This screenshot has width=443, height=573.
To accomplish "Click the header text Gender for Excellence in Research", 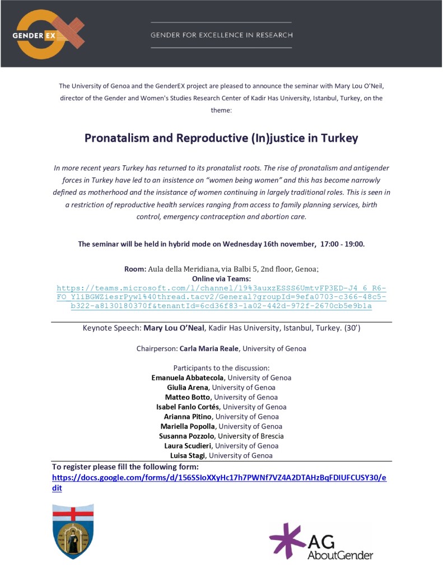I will pyautogui.click(x=221, y=35).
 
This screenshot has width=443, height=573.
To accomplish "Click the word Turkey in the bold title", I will pyautogui.click(x=339, y=138).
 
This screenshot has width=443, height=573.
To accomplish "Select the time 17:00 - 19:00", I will pyautogui.click(x=342, y=244).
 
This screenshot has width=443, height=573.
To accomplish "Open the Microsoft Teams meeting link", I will pyautogui.click(x=221, y=297).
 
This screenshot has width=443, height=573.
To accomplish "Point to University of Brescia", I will pyautogui.click(x=252, y=436).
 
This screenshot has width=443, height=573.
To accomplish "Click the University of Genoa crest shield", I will pyautogui.click(x=73, y=531).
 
